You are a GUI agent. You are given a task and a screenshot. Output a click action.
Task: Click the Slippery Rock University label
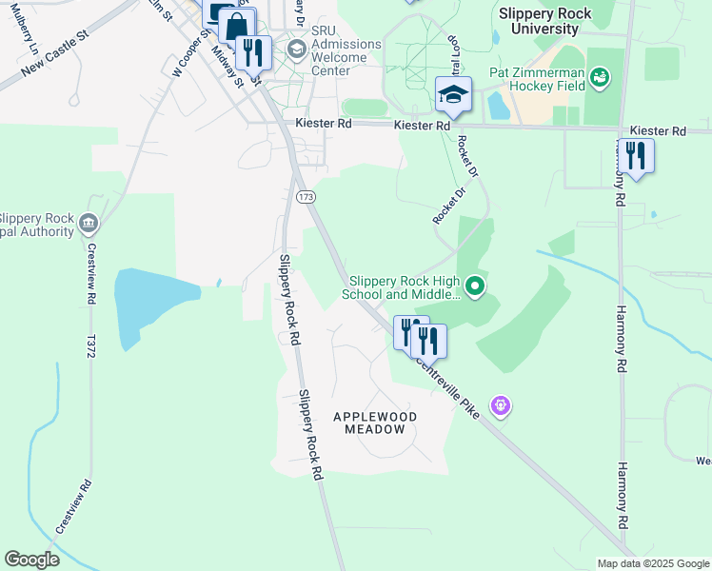(544, 21)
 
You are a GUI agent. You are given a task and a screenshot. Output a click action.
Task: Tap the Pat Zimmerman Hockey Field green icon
(600, 76)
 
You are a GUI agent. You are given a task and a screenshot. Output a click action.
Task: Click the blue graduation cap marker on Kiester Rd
(453, 95)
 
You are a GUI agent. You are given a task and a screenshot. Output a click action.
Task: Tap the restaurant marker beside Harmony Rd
(635, 155)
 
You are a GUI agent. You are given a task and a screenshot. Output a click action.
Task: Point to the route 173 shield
(306, 196)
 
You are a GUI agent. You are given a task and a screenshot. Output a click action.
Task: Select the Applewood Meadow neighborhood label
(375, 423)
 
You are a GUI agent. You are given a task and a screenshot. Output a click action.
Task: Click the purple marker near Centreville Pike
(501, 406)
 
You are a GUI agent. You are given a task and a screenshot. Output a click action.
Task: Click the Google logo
(31, 560)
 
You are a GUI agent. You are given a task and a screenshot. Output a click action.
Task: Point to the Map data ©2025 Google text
(652, 563)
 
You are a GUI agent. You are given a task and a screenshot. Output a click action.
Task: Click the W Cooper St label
(190, 53)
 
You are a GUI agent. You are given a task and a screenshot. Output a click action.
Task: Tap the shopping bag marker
(238, 25)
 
